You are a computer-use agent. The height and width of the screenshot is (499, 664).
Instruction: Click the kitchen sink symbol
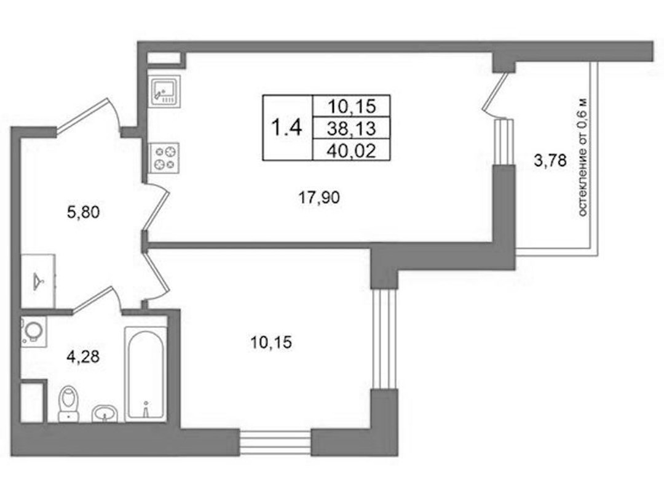(x=164, y=90)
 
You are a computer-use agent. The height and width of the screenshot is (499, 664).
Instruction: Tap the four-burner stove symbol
(x=164, y=158)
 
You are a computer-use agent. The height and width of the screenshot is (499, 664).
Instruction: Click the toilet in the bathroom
(x=69, y=403)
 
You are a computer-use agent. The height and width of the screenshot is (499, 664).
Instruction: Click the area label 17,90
(x=319, y=197)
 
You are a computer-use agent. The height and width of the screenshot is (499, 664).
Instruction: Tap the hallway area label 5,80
(x=84, y=212)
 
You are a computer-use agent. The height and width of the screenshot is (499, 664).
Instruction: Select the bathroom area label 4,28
(x=83, y=356)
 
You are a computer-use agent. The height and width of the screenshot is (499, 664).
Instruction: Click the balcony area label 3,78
(x=550, y=161)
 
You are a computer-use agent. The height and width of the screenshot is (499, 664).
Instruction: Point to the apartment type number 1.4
(x=287, y=127)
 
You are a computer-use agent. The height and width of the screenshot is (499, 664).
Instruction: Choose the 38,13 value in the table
(x=352, y=127)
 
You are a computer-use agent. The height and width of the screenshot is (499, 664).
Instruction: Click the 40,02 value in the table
(x=352, y=151)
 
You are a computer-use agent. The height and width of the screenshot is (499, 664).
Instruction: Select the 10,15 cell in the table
(x=352, y=106)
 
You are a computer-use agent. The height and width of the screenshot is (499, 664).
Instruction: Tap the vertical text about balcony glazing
(x=583, y=158)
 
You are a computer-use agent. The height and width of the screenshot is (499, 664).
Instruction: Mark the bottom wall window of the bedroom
(x=275, y=442)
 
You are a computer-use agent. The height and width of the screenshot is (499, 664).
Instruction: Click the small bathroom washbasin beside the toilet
(x=104, y=413)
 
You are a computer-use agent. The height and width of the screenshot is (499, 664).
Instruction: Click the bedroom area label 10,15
(x=271, y=342)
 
